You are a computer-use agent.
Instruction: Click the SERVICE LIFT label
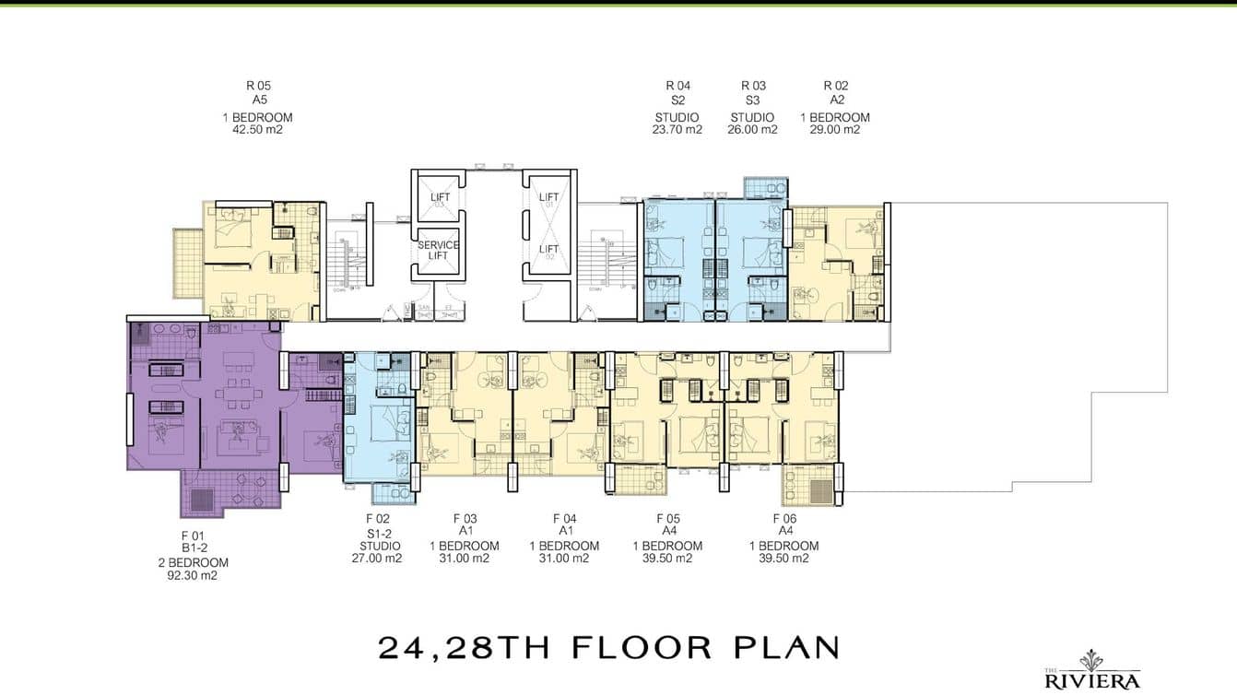(x=439, y=250)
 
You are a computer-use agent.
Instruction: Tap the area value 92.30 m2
(x=192, y=576)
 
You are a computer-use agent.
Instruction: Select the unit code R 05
(x=258, y=87)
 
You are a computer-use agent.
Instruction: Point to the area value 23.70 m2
(x=677, y=130)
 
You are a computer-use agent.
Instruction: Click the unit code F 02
(x=378, y=519)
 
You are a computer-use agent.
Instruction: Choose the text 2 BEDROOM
(x=192, y=562)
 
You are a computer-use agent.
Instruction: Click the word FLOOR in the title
(x=642, y=647)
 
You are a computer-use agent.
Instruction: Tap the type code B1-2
(x=192, y=548)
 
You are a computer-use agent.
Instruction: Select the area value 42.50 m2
(x=258, y=130)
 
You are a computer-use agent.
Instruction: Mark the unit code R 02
(x=835, y=87)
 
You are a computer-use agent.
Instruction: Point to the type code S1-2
(x=378, y=532)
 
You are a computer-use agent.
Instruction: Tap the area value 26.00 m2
(x=753, y=130)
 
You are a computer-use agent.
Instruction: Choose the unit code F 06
(x=783, y=519)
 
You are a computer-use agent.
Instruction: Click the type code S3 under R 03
(x=753, y=100)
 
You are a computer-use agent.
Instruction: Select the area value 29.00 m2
(x=835, y=130)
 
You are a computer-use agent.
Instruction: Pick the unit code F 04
(x=564, y=519)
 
